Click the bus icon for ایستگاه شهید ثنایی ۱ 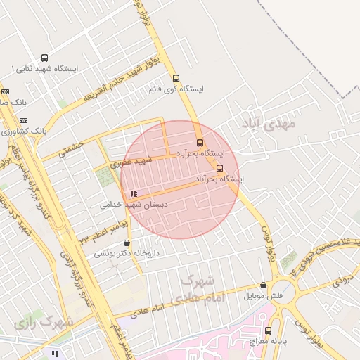click(x=45, y=58)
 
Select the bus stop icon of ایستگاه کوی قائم click(x=176, y=79)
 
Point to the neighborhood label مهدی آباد click(x=269, y=124)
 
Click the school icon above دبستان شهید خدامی click(x=134, y=193)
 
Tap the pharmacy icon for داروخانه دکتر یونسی click(x=127, y=243)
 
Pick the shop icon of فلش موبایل click(x=263, y=285)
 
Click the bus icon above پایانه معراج click(x=268, y=330)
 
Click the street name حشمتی click(x=71, y=147)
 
